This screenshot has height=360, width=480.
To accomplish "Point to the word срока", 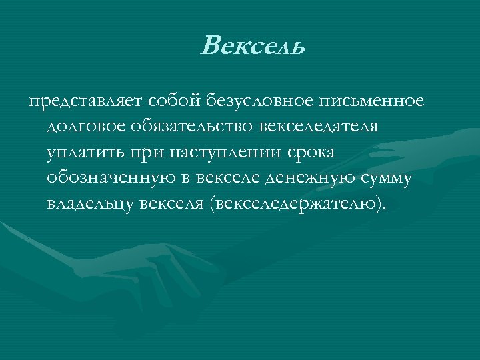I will (311, 152).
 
